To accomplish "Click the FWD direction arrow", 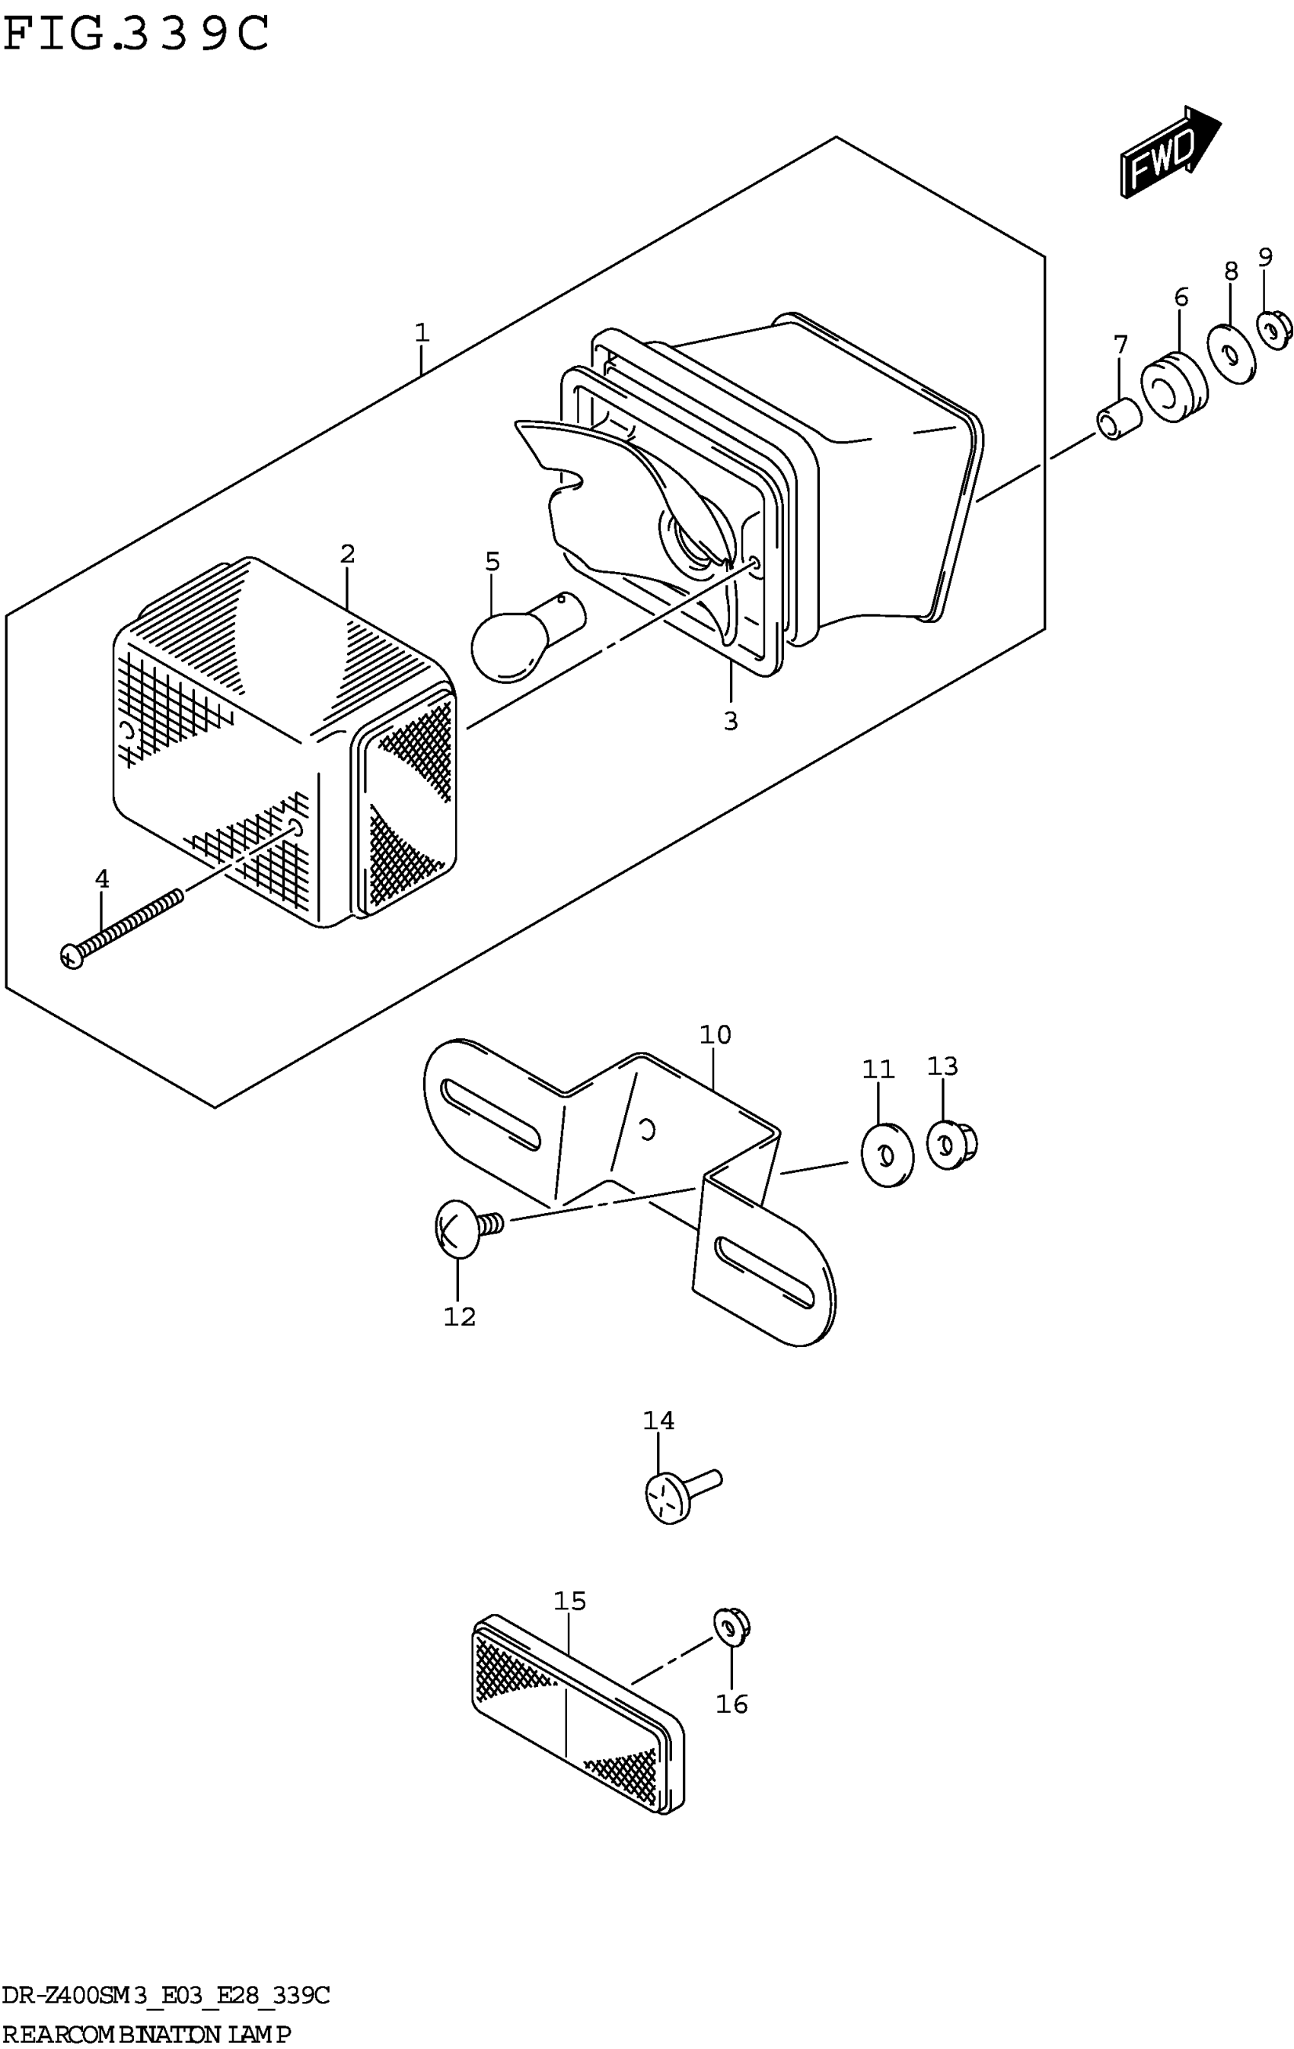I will coord(1168,152).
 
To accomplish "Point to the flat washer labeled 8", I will coord(1230,353).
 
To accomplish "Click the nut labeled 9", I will coord(1274,330).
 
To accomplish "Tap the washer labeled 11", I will coord(887,1155).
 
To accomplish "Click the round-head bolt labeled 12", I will coord(464,1227).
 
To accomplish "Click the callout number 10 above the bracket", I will coord(715,1034).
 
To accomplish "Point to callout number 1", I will coord(422,332).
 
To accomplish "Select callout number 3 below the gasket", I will coord(731,721).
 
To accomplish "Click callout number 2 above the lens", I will coord(347,554).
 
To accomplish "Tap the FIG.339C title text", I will coord(136,34).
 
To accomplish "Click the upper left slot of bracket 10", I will coord(491,1116).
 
